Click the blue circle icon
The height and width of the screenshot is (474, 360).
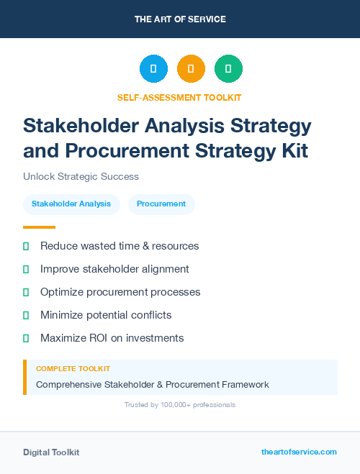pos(153,69)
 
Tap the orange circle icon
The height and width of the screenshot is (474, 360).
pos(191,69)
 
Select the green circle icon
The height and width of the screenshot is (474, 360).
pos(228,69)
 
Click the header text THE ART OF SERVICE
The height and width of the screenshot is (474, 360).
pos(180,19)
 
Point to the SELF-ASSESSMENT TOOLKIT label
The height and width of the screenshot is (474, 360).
pos(179,97)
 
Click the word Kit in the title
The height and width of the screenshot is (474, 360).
pos(293,151)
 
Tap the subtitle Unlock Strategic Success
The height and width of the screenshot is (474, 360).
pos(81,176)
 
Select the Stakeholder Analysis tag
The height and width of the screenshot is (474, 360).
pos(71,204)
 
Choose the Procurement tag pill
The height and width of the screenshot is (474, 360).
pos(161,204)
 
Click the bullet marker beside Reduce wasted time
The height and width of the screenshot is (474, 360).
pos(26,246)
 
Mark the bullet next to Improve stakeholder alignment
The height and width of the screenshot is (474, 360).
pos(26,269)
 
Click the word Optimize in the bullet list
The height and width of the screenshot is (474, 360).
pos(62,292)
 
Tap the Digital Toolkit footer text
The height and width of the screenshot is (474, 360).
pos(51,452)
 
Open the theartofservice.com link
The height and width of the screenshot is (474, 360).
pos(299,452)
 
